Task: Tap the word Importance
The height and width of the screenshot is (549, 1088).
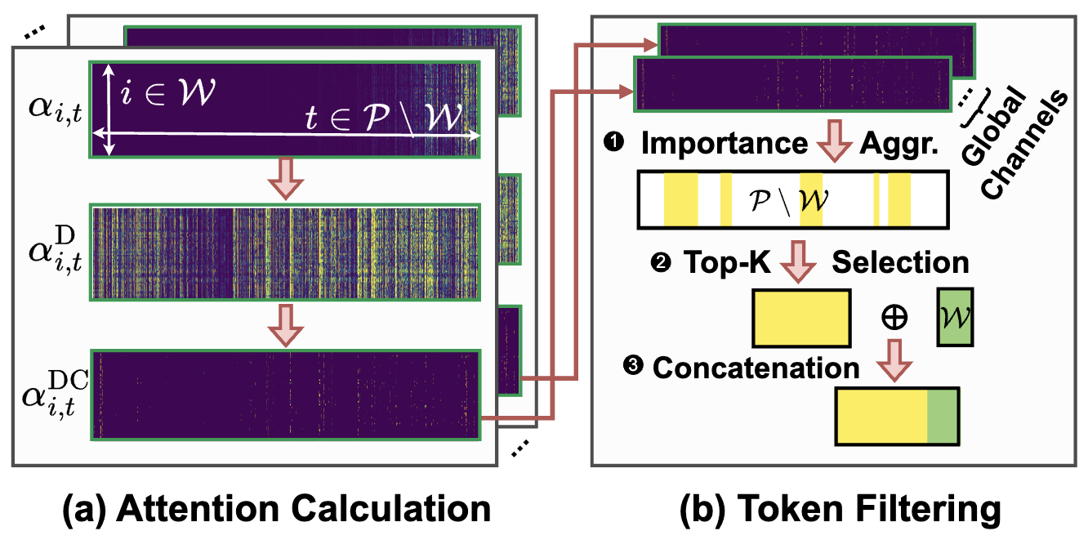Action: coord(724,144)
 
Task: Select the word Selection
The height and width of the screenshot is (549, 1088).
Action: coord(899,262)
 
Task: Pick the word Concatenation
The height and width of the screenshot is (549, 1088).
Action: coord(756,368)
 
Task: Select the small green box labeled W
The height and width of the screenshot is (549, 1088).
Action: coord(955,315)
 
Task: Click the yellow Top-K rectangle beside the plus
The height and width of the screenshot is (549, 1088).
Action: coord(801,316)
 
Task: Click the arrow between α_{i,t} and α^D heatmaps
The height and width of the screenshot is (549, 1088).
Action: coord(290,181)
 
